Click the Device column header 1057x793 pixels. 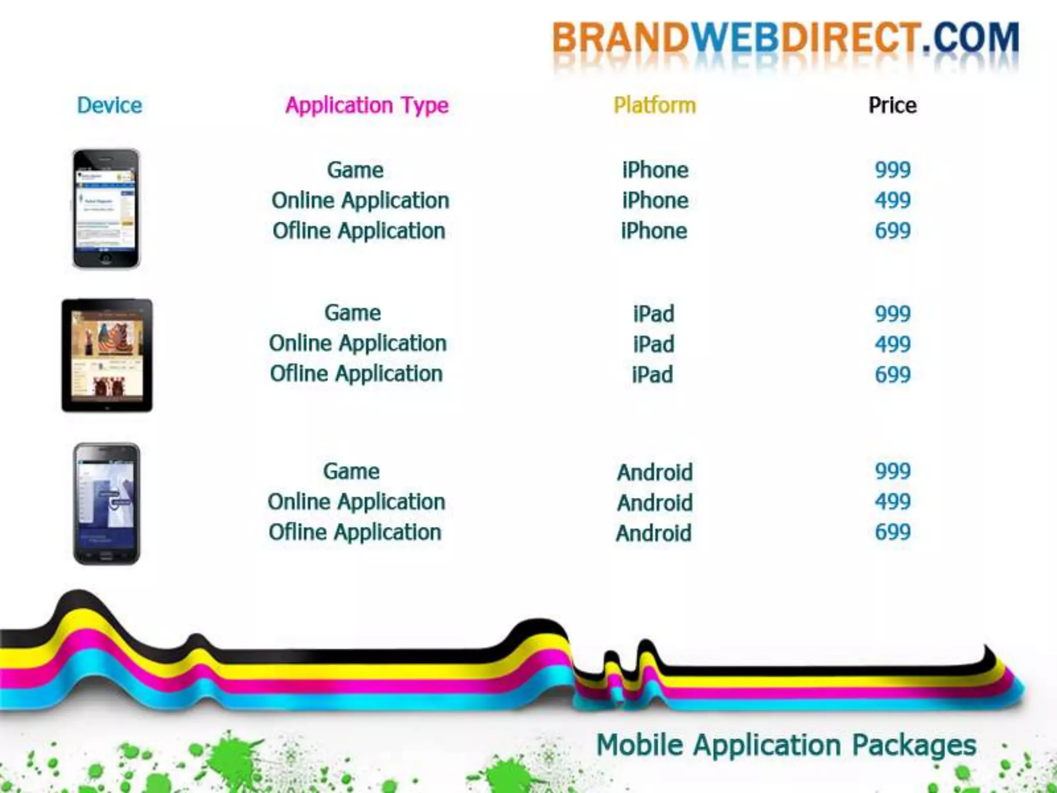click(109, 105)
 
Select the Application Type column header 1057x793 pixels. click(367, 106)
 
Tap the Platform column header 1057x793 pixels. click(654, 105)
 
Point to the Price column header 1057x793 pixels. click(892, 105)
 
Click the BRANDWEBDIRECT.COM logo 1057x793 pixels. click(785, 39)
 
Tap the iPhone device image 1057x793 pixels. click(106, 209)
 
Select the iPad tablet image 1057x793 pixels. click(107, 355)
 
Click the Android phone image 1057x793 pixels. click(106, 503)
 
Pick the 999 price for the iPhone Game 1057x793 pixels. click(892, 170)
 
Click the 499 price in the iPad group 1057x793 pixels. click(892, 344)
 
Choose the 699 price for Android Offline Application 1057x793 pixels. click(892, 532)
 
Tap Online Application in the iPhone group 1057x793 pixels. click(360, 201)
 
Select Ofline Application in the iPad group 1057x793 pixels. click(356, 374)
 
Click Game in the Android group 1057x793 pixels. click(351, 471)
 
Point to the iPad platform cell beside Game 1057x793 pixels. click(653, 314)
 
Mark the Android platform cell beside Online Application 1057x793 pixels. click(654, 502)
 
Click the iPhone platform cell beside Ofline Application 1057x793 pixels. click(654, 231)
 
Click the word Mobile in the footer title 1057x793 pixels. click(639, 745)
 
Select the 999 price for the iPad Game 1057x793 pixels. click(892, 314)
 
